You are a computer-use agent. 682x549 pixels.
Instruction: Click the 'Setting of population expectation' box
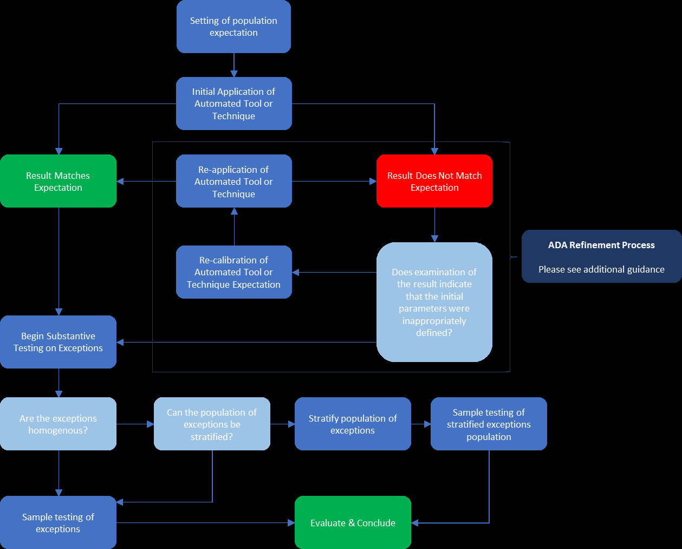pyautogui.click(x=233, y=27)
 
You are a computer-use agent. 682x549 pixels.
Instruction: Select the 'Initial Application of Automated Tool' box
pyautogui.click(x=233, y=104)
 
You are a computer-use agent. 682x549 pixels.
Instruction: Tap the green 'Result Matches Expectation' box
pyautogui.click(x=58, y=181)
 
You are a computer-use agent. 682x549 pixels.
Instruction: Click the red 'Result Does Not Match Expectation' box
pyautogui.click(x=434, y=181)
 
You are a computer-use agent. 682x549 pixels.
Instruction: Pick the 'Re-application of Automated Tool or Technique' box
pyautogui.click(x=233, y=181)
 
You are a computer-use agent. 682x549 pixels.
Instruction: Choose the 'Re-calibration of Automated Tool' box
pyautogui.click(x=233, y=272)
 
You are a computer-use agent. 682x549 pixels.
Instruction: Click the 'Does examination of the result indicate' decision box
pyautogui.click(x=434, y=302)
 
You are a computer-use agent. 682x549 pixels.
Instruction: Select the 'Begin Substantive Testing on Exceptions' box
pyautogui.click(x=58, y=342)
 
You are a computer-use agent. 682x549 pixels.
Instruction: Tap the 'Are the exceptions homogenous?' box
pyautogui.click(x=58, y=424)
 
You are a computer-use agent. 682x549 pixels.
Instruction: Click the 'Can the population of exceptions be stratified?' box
pyautogui.click(x=212, y=424)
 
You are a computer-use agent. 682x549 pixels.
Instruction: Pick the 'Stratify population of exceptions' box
pyautogui.click(x=353, y=424)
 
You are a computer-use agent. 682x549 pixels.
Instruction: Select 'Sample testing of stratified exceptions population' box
pyautogui.click(x=489, y=424)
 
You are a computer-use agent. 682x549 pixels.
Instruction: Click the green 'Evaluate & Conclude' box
pyautogui.click(x=353, y=522)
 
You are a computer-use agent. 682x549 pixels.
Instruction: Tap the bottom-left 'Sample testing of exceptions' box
pyautogui.click(x=58, y=522)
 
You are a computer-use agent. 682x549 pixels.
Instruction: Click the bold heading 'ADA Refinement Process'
pyautogui.click(x=601, y=245)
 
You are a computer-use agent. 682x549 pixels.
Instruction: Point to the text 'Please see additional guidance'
pyautogui.click(x=601, y=269)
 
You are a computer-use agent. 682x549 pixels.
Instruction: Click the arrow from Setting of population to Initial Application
pyautogui.click(x=234, y=65)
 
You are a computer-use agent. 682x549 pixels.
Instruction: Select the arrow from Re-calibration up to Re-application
pyautogui.click(x=234, y=227)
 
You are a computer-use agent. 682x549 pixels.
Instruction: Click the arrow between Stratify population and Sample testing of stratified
pyautogui.click(x=421, y=424)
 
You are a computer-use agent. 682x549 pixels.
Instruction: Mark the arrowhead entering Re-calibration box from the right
pyautogui.click(x=296, y=272)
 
